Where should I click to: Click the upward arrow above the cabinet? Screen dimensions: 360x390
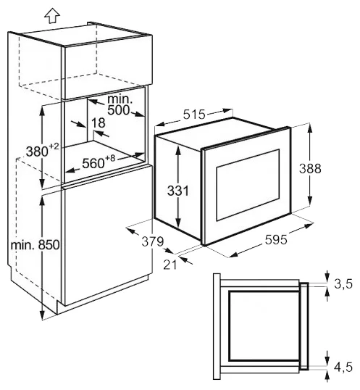(52, 16)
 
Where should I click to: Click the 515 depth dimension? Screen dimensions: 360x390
(195, 115)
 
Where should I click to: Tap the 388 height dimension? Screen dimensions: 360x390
(310, 168)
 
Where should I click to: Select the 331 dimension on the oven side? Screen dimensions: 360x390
(178, 191)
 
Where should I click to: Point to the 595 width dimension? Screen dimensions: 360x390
(276, 240)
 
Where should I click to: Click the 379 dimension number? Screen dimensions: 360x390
(153, 241)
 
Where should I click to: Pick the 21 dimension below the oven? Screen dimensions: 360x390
(170, 265)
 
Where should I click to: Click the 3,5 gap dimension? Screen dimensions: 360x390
(343, 283)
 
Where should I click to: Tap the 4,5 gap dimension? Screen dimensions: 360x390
(343, 367)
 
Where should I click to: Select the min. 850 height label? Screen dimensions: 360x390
(35, 245)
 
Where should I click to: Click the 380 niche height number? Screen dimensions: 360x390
(37, 152)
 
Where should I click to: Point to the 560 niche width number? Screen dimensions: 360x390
(93, 163)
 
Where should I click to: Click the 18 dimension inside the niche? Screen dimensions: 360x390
(98, 123)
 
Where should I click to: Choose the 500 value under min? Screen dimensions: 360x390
(119, 110)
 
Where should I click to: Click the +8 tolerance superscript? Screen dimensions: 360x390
(110, 158)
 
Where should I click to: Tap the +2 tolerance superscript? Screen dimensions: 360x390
(54, 146)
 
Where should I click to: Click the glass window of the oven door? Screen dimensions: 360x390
(248, 185)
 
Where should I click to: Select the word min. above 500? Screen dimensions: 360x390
(120, 99)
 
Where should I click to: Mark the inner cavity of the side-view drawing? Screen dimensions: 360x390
(264, 325)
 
